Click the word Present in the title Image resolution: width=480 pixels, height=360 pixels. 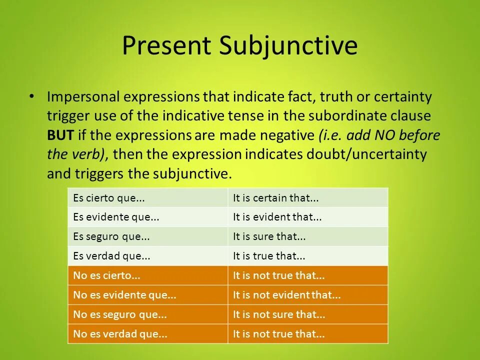(167, 46)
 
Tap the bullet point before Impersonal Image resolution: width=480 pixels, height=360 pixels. (32, 96)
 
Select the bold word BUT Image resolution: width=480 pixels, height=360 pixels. (59, 135)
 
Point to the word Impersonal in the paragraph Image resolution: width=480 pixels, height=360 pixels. (83, 96)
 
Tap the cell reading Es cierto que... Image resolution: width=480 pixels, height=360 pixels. (109, 198)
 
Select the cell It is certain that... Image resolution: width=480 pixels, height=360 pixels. (276, 198)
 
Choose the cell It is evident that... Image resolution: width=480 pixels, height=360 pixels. (277, 217)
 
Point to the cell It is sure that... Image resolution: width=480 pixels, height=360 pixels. (269, 236)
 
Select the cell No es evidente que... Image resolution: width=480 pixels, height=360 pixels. (124, 295)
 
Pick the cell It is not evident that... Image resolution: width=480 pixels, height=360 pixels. (287, 295)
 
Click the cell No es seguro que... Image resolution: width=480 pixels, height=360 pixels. (119, 314)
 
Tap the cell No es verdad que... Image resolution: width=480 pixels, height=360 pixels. (120, 334)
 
